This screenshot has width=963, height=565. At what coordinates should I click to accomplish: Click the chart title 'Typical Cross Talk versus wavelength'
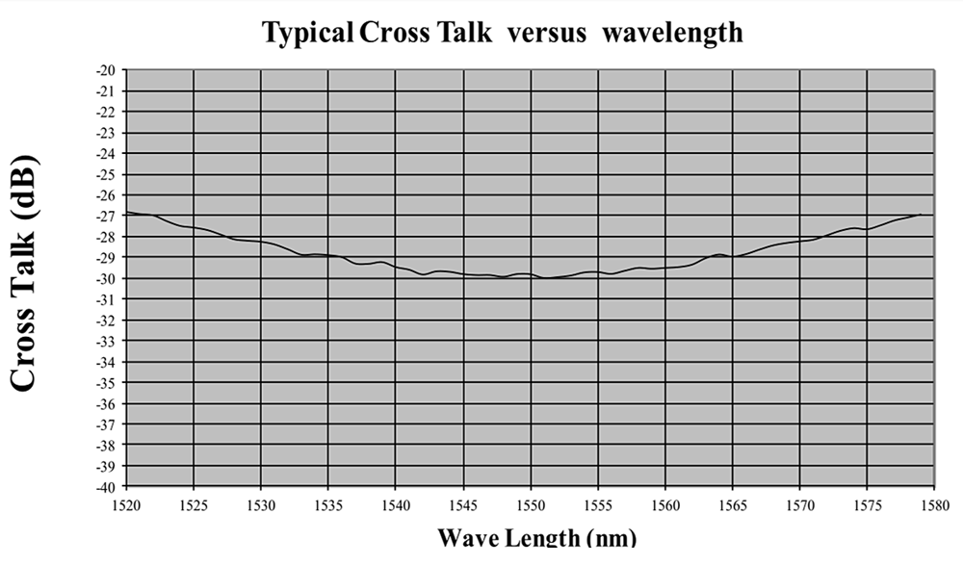(503, 32)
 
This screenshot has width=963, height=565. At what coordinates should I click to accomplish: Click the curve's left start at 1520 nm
(128, 212)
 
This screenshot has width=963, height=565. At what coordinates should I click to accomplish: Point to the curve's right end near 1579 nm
(921, 215)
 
